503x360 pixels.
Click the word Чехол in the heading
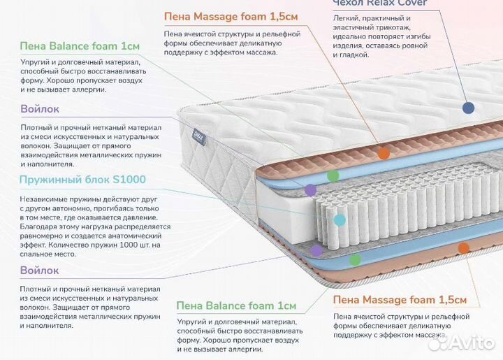(x=348, y=3)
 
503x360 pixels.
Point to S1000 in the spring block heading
(x=131, y=180)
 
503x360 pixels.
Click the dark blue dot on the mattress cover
(x=468, y=108)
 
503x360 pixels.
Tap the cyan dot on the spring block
(x=340, y=219)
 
